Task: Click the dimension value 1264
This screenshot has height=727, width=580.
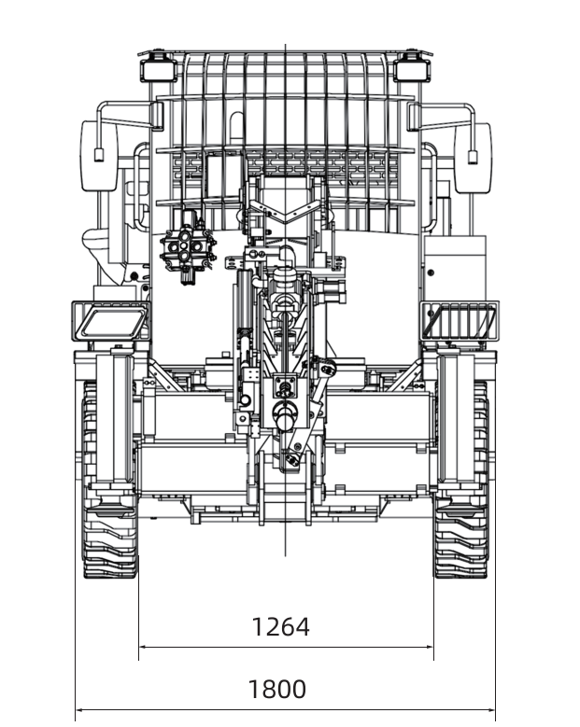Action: (280, 627)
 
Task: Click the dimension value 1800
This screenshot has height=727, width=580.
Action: (277, 689)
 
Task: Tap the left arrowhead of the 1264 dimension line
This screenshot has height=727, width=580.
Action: (143, 647)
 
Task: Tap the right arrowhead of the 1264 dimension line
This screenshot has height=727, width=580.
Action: (430, 647)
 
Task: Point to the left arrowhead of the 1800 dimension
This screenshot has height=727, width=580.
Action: (79, 709)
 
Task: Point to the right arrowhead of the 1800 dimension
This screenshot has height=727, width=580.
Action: (491, 709)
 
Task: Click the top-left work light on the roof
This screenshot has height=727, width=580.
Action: (159, 70)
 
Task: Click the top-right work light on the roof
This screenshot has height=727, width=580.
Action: (412, 70)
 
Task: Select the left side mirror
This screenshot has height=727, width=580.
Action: (99, 156)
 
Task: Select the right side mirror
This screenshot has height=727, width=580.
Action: (473, 158)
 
